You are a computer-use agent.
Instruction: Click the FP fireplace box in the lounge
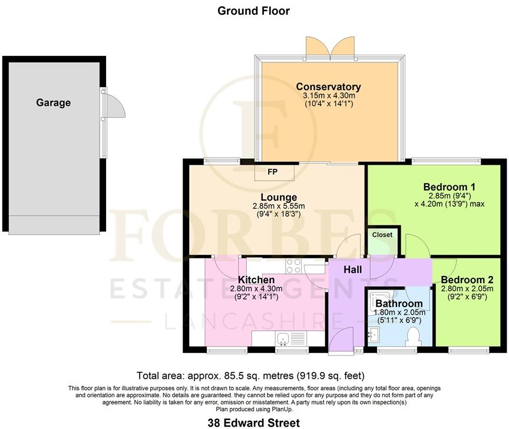(x=273, y=172)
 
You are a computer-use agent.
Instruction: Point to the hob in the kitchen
(x=293, y=266)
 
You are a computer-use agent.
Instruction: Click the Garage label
(x=53, y=102)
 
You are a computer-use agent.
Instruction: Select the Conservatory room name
(x=328, y=87)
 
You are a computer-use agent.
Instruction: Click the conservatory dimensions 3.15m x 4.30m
(x=328, y=96)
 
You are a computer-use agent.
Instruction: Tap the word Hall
(x=353, y=269)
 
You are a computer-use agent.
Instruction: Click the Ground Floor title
(x=254, y=11)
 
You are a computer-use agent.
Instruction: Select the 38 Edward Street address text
(x=254, y=423)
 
